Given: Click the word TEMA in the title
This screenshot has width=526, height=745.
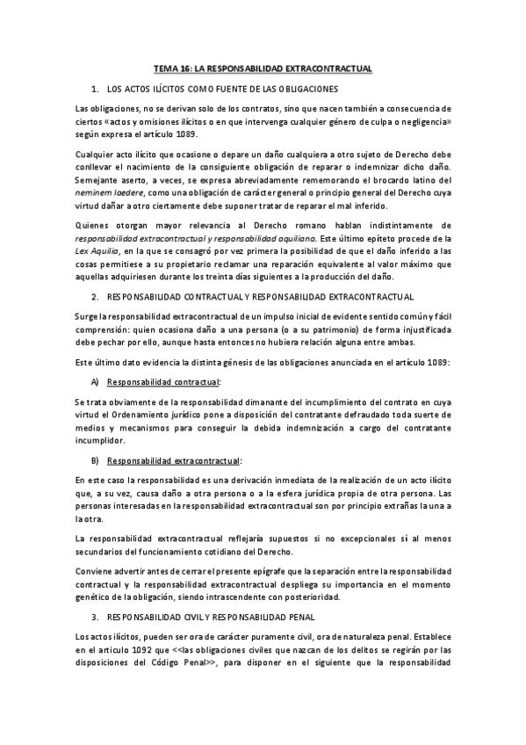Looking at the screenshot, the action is [x=165, y=67].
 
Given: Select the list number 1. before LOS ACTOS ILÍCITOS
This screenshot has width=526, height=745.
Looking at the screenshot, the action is [x=95, y=89].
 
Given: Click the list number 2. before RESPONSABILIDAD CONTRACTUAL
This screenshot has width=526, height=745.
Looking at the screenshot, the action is [x=95, y=299].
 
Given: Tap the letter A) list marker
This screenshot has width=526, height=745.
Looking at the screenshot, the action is [x=95, y=382].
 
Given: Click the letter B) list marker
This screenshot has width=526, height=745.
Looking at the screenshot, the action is [x=95, y=460].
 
